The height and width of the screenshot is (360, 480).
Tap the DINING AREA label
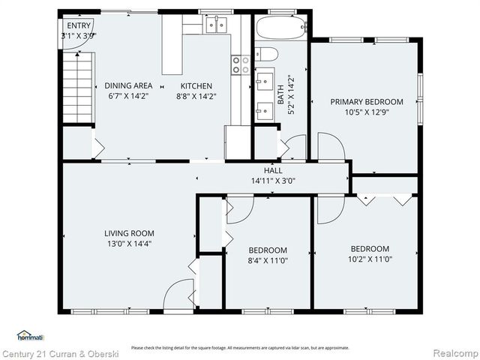tap(128, 85)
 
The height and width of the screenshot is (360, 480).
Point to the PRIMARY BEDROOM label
tap(367, 102)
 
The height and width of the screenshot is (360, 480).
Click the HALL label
tap(273, 171)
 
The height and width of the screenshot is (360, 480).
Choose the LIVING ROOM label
tap(129, 233)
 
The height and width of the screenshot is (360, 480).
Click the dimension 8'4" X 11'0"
tap(268, 259)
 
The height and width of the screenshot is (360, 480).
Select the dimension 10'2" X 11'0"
tap(370, 259)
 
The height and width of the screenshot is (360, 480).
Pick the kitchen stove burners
tap(241, 65)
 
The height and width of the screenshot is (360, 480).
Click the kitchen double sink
tap(217, 25)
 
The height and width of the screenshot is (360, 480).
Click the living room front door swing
tap(178, 294)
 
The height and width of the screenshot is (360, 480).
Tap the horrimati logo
tap(30, 336)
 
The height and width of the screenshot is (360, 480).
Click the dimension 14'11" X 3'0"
tap(273, 181)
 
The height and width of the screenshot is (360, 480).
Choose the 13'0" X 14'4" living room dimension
tap(129, 244)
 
